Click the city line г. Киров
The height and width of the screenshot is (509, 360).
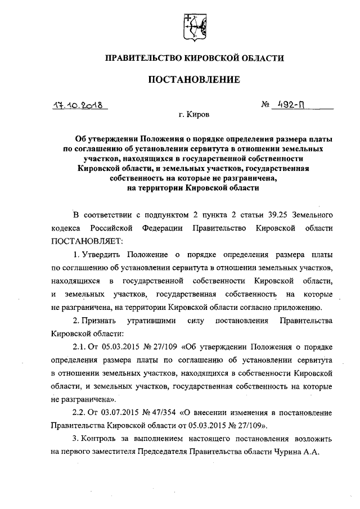tap(193, 115)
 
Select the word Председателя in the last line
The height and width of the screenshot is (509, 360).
tap(199, 452)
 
